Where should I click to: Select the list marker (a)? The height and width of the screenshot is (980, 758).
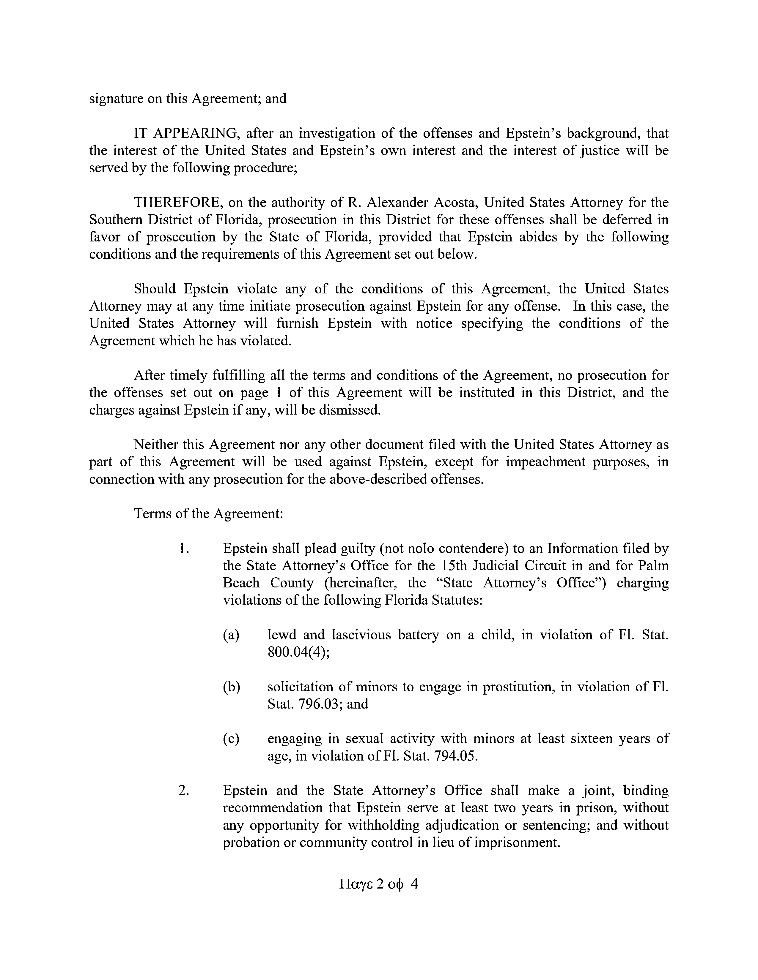[231, 635]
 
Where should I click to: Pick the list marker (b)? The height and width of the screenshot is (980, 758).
[231, 687]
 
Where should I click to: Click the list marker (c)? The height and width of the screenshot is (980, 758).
[231, 739]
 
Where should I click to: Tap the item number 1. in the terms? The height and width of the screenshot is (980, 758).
[183, 548]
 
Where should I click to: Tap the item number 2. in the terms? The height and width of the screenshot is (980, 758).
[183, 790]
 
